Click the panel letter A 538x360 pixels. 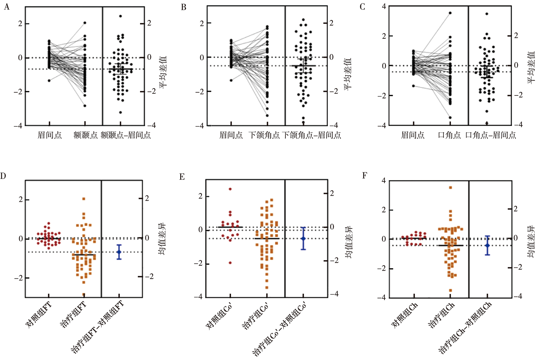pos(7,7)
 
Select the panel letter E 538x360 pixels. pos(182,177)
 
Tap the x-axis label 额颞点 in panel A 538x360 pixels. pos(85,135)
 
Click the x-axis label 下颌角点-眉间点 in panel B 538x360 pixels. pos(311,135)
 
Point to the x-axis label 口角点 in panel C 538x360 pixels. pos(449,135)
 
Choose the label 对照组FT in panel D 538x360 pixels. pos(38,315)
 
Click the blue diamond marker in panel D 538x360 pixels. pos(119,252)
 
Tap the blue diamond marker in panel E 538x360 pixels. pos(303,239)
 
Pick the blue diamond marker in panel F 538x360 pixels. pos(487,245)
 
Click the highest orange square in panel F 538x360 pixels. pos(450,188)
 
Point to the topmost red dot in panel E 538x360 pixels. pos(230,189)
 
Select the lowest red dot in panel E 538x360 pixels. pos(230,263)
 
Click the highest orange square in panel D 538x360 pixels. pos(84,199)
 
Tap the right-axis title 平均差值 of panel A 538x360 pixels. pos(163,72)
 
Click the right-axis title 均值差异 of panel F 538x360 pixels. pos(531,242)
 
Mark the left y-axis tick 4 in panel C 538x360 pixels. pos(384,6)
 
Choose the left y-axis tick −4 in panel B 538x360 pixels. pos(200,126)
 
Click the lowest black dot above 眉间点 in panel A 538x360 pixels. pos(49,81)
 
